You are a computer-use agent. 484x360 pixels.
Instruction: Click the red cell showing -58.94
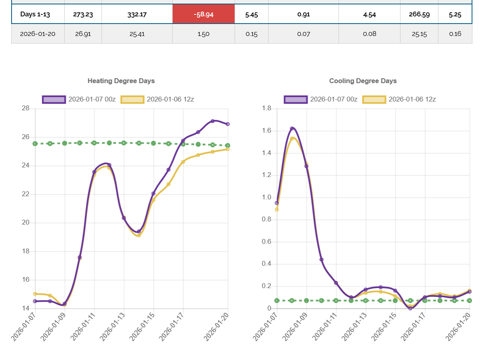(x=203, y=14)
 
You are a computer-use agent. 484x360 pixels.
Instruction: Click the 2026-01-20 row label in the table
(x=38, y=34)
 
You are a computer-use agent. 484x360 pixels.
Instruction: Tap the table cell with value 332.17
(x=137, y=14)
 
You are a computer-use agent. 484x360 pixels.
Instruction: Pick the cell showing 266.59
(x=419, y=14)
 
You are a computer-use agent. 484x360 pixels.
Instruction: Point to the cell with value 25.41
(x=137, y=34)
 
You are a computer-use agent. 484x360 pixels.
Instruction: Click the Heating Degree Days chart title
(x=121, y=81)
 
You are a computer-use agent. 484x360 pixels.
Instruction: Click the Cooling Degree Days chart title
(x=363, y=81)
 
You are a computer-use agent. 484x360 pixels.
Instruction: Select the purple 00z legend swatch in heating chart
(x=54, y=99)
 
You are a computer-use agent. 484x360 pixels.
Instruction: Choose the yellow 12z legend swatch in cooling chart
(x=374, y=99)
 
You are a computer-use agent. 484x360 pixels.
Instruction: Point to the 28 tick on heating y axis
(x=26, y=108)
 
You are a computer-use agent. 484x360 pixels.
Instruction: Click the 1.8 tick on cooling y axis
(x=267, y=108)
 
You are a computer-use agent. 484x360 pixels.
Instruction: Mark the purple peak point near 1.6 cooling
(x=292, y=129)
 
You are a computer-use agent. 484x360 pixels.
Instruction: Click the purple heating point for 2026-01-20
(x=228, y=124)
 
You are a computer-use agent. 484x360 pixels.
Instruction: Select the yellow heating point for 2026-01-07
(x=35, y=294)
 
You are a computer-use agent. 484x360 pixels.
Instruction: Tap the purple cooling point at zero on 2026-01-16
(x=410, y=308)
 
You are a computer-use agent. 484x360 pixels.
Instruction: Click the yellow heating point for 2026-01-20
(x=228, y=149)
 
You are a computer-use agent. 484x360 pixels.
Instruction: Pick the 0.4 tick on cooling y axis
(x=267, y=264)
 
